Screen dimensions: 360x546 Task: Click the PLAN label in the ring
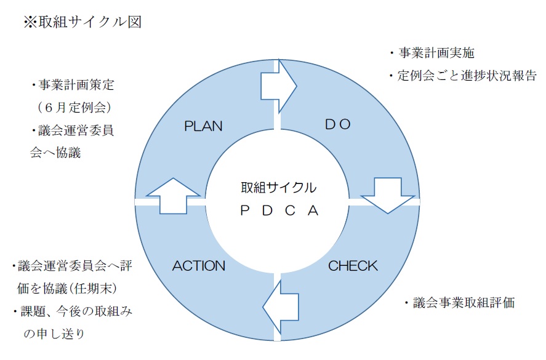tap(203, 126)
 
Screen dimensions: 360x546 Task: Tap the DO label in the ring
tap(337, 124)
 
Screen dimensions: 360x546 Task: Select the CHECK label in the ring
tap(353, 266)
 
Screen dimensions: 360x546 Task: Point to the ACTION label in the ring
tap(199, 266)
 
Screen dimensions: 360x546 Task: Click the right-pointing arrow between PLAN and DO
tap(278, 86)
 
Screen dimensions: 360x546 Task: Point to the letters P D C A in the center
tap(278, 210)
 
